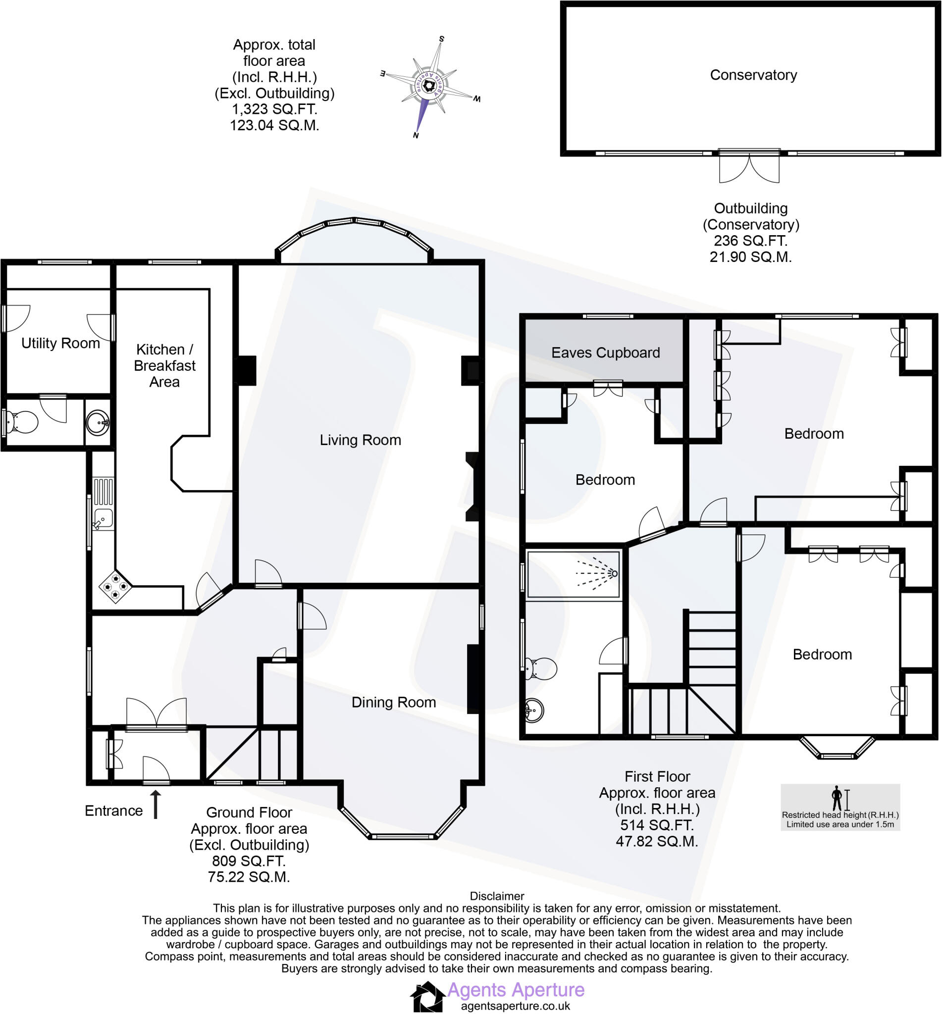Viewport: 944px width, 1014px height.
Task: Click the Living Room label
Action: (360, 440)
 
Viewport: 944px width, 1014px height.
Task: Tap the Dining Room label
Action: (393, 703)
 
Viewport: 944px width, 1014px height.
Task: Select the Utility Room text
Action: (60, 343)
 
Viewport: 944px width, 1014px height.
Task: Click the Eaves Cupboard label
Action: (605, 353)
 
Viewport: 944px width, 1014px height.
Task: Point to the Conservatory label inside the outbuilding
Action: (753, 75)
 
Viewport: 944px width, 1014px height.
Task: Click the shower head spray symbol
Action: (600, 573)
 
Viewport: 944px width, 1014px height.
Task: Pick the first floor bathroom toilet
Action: (541, 668)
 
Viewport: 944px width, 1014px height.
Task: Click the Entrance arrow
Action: (155, 805)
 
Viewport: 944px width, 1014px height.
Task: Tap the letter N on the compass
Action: (416, 135)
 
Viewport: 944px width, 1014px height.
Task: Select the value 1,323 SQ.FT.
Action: (274, 109)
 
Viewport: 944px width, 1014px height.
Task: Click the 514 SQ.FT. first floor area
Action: (656, 825)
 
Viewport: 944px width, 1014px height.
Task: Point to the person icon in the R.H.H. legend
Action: (837, 798)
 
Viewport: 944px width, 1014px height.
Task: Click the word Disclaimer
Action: (496, 896)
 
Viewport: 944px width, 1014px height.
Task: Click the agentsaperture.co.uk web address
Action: (516, 1007)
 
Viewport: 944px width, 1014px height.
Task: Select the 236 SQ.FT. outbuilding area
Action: (750, 241)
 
